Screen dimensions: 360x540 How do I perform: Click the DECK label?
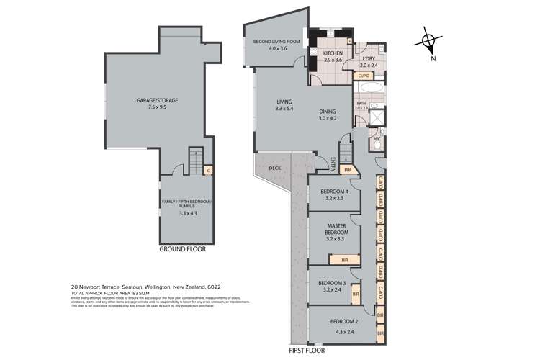[274, 168]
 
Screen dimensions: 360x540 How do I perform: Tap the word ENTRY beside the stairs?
[333, 163]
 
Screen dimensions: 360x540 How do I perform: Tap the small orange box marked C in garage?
[207, 171]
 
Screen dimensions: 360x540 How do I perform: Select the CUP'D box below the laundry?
[364, 76]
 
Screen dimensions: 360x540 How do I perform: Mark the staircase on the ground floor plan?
[192, 161]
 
